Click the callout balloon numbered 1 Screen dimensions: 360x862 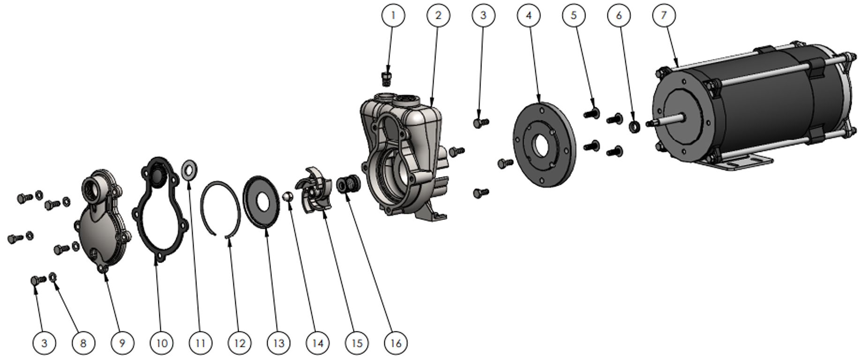[393, 15]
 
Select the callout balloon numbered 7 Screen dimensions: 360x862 [663, 15]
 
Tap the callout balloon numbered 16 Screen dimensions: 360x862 [396, 343]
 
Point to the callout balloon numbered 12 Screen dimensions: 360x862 [240, 343]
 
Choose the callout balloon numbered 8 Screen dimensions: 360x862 [83, 343]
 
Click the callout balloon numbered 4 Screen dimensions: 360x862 [528, 15]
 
